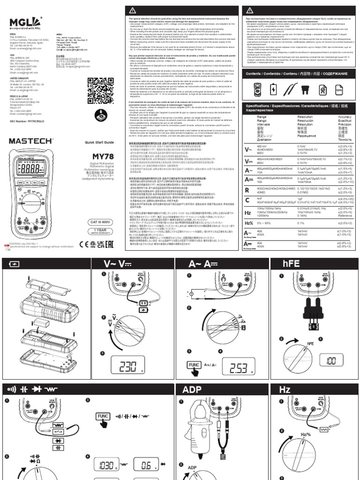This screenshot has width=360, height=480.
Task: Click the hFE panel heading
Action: pyautogui.click(x=286, y=263)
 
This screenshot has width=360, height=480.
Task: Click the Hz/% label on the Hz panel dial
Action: pyautogui.click(x=305, y=436)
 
